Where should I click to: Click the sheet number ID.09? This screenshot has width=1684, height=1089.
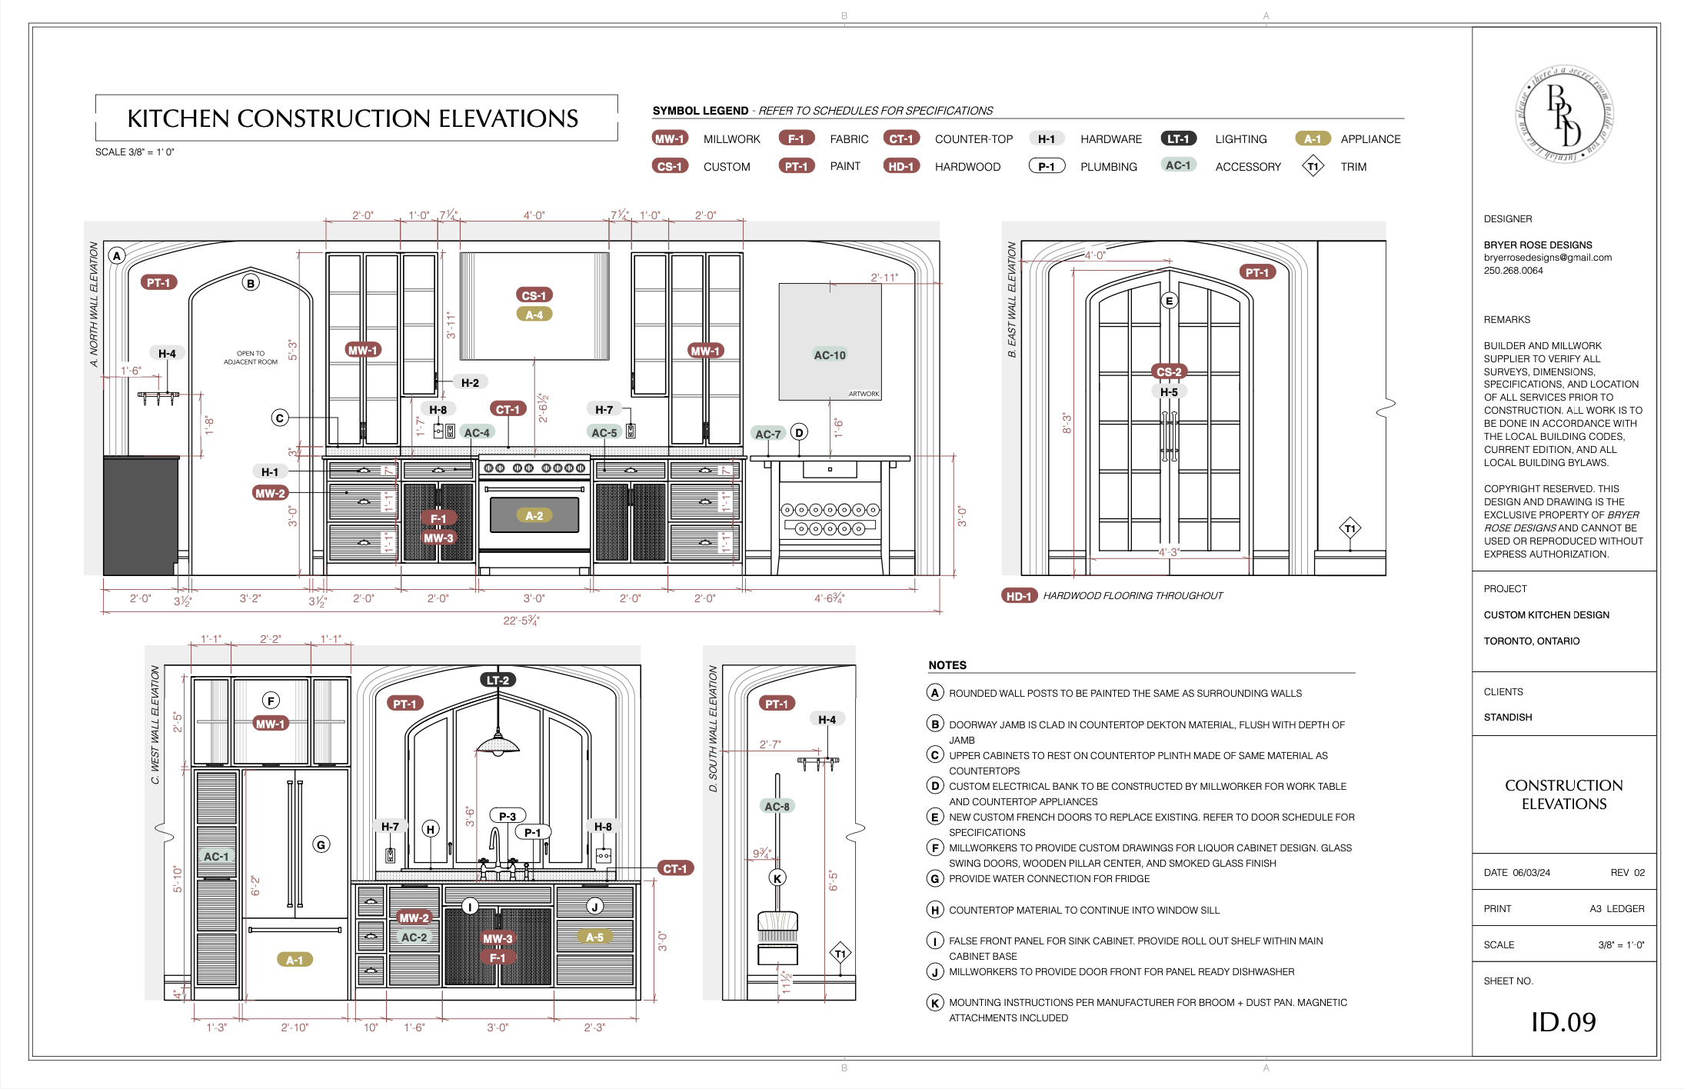(1563, 1022)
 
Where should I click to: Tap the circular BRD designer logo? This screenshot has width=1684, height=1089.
(1564, 115)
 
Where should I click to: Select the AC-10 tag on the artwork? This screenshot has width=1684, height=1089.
(830, 355)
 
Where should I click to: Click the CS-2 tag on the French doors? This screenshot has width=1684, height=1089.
(1169, 372)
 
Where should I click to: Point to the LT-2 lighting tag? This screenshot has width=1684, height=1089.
(498, 680)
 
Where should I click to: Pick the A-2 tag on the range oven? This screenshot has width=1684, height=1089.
(534, 516)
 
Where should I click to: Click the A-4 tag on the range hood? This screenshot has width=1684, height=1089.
(534, 315)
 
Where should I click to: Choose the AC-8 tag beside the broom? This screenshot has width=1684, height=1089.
(777, 807)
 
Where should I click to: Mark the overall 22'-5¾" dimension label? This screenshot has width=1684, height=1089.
(521, 621)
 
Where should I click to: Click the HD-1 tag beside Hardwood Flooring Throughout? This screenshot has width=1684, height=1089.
(1019, 596)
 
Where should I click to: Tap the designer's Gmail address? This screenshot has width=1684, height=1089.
(1547, 258)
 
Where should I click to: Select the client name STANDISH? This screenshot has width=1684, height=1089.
(1507, 718)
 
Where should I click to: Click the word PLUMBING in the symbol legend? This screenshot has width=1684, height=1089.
(1108, 167)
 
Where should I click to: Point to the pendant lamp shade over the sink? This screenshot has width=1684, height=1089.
(498, 744)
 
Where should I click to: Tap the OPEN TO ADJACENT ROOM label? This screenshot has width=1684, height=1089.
(251, 358)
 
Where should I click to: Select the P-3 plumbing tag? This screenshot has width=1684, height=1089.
(508, 816)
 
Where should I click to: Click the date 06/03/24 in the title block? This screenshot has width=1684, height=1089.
(1531, 873)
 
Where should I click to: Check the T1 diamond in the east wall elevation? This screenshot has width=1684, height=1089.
(1350, 528)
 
